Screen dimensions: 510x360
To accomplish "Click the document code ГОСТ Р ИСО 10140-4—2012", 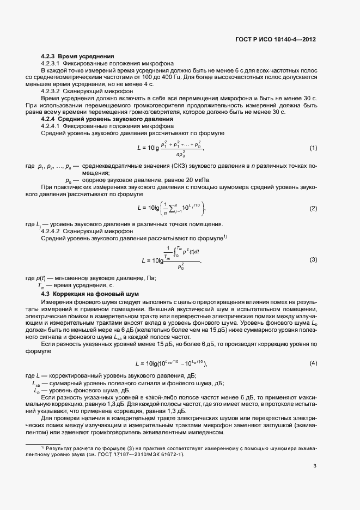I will coord(283,40).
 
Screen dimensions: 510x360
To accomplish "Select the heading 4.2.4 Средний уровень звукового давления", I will coord(107,119).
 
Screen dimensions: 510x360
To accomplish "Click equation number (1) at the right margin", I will coord(313,148).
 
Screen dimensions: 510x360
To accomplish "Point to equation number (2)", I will coord(313,209).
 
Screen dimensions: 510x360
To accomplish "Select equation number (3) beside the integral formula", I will coord(313,259).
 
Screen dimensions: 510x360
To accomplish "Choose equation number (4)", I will coord(313,363).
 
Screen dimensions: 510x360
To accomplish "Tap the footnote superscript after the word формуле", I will coord(225,236).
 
